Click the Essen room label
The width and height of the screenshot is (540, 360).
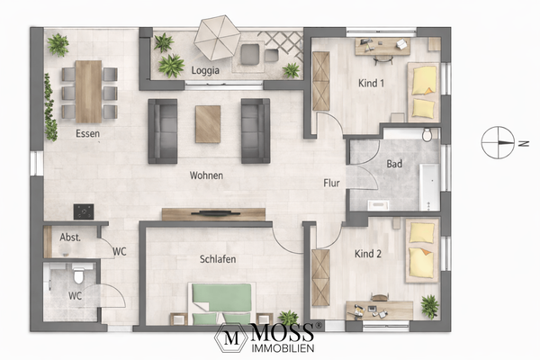point(87,134)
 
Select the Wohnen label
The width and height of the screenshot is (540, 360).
point(206,175)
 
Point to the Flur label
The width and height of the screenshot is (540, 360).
point(332,184)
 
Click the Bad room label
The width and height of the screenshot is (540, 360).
point(394,165)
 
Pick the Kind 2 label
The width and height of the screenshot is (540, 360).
point(369,255)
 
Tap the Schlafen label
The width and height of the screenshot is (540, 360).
point(218,259)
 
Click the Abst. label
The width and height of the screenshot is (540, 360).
point(71,239)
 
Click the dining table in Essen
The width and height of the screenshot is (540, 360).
point(88,90)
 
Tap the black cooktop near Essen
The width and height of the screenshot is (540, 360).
point(84,211)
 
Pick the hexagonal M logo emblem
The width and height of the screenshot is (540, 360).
point(231,340)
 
